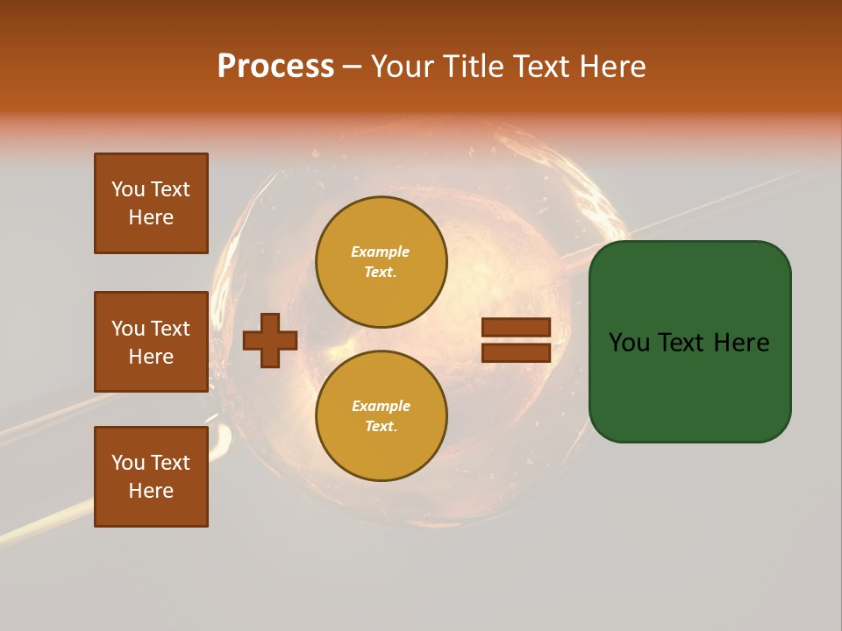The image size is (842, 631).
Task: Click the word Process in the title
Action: coord(275,67)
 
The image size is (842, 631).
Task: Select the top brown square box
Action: coord(151,203)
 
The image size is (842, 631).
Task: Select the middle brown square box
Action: coord(151,342)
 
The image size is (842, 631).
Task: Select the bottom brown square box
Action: coord(151,477)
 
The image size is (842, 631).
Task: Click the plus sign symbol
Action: coord(270,340)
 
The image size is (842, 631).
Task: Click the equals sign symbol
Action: coord(516,340)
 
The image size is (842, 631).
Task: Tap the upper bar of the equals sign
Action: coord(516,327)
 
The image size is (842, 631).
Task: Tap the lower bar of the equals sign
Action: coord(516,353)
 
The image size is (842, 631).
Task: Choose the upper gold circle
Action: coord(381,262)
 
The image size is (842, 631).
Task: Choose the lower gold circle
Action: coord(381,416)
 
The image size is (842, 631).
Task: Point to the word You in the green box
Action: coord(629,343)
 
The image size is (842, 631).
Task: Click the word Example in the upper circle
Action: coord(381,252)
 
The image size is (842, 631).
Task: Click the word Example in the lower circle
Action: coord(381,406)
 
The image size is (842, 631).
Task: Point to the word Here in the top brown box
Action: coord(151,217)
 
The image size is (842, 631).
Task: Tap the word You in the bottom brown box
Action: coord(127,463)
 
